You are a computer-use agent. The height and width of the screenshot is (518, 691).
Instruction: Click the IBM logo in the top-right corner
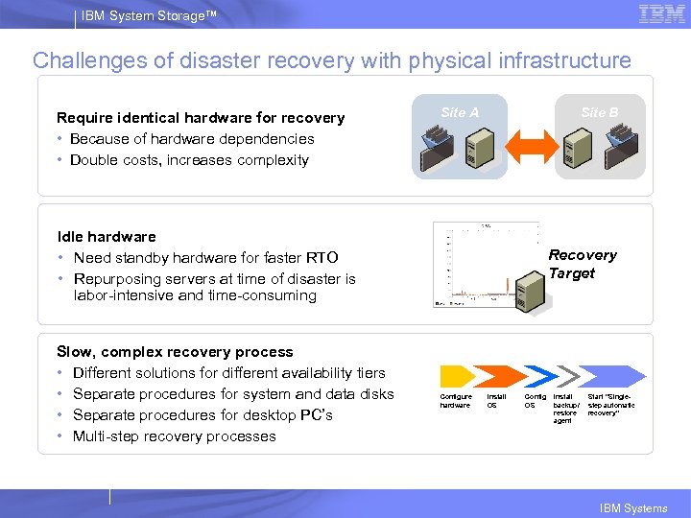click(661, 13)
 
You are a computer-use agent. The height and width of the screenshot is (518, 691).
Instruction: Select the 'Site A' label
click(460, 112)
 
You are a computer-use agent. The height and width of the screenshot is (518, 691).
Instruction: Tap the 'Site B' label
click(600, 112)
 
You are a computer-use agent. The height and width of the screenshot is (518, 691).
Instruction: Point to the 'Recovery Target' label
click(582, 264)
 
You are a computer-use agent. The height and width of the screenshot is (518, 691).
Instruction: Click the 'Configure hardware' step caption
click(456, 400)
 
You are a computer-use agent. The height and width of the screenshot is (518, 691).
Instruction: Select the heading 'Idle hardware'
click(107, 236)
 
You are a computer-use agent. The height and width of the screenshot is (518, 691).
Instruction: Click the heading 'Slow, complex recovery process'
click(175, 352)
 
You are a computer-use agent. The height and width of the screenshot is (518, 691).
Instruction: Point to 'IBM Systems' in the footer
click(633, 508)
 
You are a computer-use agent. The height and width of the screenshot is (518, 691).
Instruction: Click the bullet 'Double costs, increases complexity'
click(189, 160)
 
